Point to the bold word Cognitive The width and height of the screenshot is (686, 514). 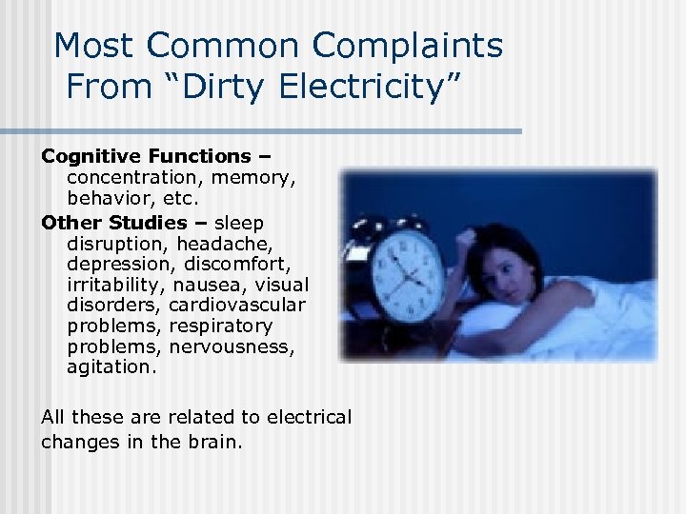pyautogui.click(x=92, y=155)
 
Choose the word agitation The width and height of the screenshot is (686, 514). pyautogui.click(x=109, y=366)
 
